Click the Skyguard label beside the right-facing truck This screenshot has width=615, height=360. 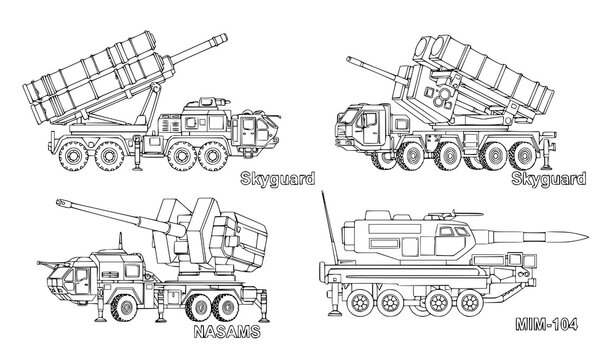[277, 180]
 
